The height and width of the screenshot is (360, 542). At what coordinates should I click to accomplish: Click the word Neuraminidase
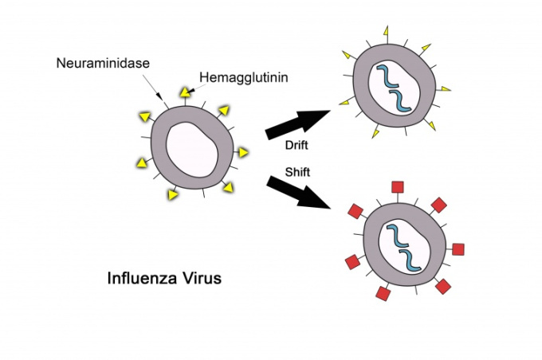click(103, 63)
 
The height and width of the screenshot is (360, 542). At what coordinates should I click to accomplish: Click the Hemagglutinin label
click(244, 78)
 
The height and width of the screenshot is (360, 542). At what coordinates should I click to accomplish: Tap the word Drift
click(297, 145)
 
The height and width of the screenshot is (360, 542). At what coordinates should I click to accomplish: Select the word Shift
click(297, 172)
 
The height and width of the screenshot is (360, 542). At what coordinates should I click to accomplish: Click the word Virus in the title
click(202, 278)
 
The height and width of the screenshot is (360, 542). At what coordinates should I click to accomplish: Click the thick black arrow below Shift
click(298, 192)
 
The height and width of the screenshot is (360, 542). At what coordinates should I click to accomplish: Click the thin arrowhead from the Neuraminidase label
click(159, 96)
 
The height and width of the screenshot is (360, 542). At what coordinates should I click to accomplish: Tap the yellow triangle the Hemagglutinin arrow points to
click(185, 92)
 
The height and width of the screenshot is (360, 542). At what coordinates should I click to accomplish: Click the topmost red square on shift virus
click(398, 187)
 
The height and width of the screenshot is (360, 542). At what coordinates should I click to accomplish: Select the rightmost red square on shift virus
click(458, 249)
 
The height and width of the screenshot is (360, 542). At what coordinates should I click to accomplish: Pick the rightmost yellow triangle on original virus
click(243, 152)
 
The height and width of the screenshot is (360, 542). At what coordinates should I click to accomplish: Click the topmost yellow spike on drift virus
click(386, 31)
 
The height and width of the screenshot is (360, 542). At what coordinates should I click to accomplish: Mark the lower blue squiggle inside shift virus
click(410, 260)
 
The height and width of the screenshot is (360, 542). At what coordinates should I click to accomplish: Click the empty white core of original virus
click(192, 149)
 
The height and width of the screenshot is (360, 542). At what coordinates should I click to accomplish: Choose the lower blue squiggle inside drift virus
click(400, 101)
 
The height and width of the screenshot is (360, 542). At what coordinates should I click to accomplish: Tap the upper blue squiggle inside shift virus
click(398, 236)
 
